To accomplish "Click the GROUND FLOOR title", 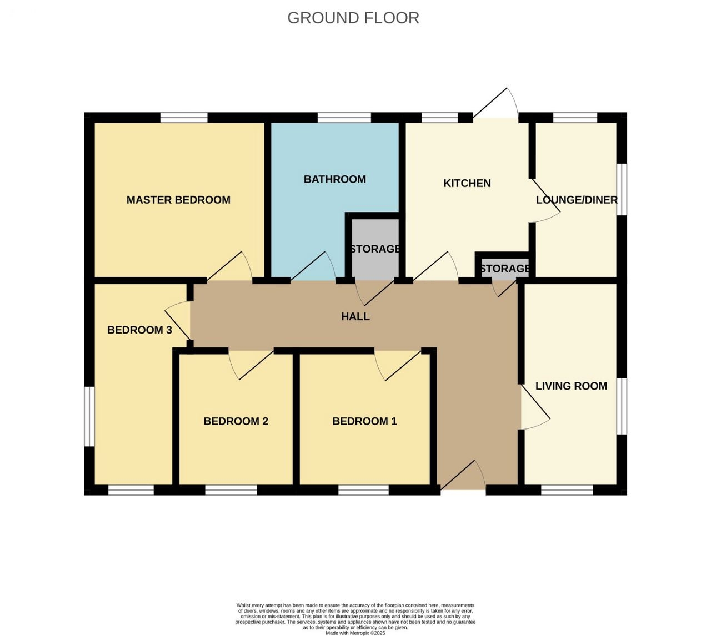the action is pos(353,18).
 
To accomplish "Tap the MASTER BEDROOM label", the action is pos(178,200).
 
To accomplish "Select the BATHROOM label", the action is pos(335,179).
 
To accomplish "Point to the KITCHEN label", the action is pos(467,183).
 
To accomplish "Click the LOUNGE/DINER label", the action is pos(577,200).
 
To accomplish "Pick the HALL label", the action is pos(355,316).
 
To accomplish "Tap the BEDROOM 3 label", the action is pos(139,330).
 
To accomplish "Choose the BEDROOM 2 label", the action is pos(236,421).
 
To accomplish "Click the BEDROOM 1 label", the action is pos(364,421).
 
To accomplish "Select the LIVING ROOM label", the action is pos(571,386).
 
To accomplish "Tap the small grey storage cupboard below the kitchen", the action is pos(505,268).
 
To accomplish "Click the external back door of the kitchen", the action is pos(495,103).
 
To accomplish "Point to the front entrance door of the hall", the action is pos(463,475).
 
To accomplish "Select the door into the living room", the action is pos(535,407).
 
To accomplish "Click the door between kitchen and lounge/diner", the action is pos(545,200).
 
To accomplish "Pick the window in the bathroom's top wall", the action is pos(344,118).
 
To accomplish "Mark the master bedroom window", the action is pos(184,118).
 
